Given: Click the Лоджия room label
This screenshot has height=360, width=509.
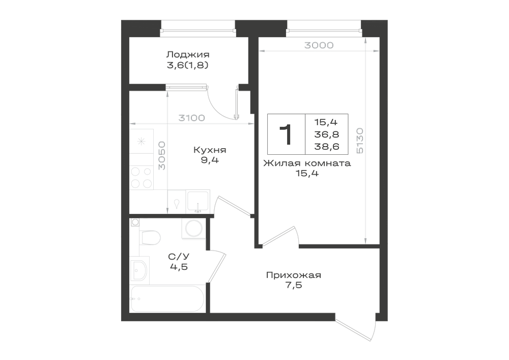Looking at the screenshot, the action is tap(188, 54).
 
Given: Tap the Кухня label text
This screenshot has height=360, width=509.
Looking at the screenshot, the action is tap(210, 150).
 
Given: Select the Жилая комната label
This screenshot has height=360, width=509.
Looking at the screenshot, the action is tap(307, 163).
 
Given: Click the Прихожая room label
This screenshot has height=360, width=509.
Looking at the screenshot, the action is tap(294, 275).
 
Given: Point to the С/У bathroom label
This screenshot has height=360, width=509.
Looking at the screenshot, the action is tap(179, 257).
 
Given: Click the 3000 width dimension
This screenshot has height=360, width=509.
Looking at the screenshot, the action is tap(319, 45).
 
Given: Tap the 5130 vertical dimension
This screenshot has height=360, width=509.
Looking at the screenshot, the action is tap(360, 141).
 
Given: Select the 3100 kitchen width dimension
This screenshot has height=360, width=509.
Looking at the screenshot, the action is tap(191, 118).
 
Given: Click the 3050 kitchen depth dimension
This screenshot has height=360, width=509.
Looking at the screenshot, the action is tap(162, 155).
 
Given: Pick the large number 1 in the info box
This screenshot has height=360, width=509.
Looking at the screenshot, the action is tap(286, 134).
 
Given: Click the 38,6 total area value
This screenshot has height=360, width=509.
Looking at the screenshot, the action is tap(327, 147).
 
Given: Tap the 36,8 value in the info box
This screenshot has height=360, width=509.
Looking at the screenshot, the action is tap(327, 134).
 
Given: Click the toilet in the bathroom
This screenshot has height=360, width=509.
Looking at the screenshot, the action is tap(150, 238).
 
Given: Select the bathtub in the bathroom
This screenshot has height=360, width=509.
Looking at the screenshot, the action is tap(167, 299).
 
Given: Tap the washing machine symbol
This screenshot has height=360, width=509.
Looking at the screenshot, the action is tap(192, 228).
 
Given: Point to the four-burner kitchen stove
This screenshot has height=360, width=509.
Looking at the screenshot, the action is tap(142, 177).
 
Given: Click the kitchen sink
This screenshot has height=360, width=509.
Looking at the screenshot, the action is tap(198, 202).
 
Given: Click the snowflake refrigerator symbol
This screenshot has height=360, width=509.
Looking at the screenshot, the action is tap(141, 141).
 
